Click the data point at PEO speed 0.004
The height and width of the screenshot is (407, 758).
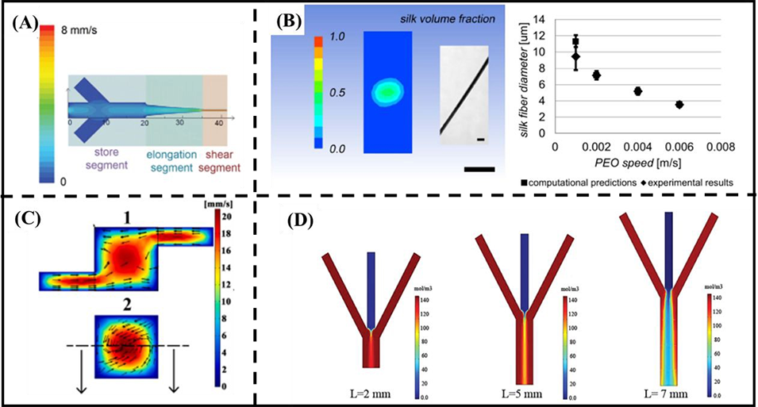[x=637, y=91]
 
